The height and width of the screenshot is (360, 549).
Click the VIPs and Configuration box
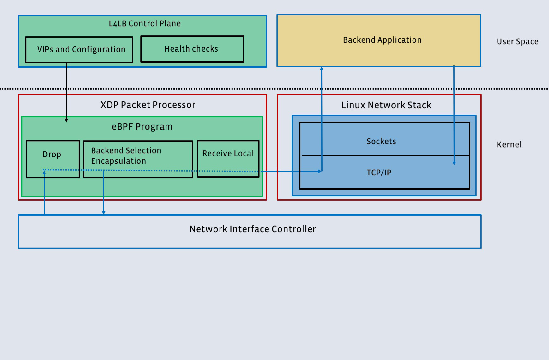(x=79, y=50)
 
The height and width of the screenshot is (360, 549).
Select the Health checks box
(x=192, y=49)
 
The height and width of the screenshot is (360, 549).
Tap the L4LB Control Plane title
(x=145, y=24)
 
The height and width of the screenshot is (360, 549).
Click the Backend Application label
(x=382, y=40)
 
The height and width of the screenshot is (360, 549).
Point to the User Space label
(x=517, y=42)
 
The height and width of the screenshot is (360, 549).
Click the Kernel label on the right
(x=509, y=145)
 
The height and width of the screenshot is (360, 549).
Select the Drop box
(x=52, y=155)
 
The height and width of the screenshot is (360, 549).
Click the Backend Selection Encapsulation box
(x=126, y=156)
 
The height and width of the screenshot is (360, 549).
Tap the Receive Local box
(x=228, y=154)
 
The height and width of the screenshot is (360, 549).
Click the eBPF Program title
(x=142, y=127)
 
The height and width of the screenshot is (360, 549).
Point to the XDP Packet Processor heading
(x=148, y=105)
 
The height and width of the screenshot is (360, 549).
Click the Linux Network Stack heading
(x=386, y=105)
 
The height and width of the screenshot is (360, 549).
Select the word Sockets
(x=381, y=141)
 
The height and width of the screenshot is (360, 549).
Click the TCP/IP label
(x=379, y=173)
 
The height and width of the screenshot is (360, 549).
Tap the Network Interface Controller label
(x=253, y=229)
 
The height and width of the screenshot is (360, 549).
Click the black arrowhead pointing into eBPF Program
(x=66, y=120)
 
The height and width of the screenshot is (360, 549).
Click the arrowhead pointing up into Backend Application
(x=322, y=68)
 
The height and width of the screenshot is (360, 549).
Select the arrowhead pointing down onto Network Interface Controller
(x=103, y=213)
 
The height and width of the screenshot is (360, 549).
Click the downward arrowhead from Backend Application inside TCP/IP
(x=454, y=163)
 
